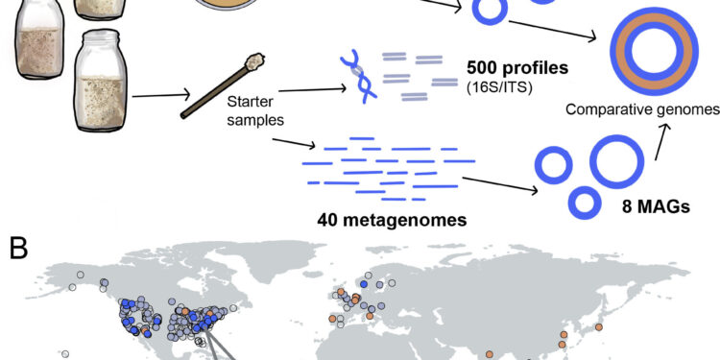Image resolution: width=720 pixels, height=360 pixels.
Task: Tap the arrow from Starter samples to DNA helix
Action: [x=306, y=87]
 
